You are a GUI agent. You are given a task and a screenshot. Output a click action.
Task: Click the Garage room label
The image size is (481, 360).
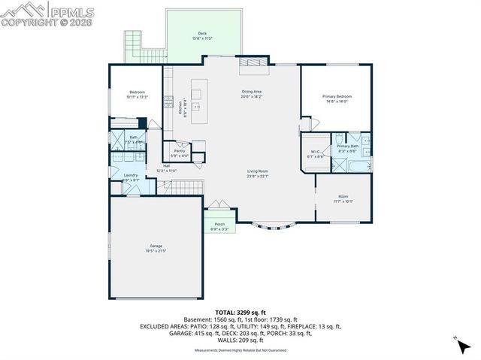coord(156,246)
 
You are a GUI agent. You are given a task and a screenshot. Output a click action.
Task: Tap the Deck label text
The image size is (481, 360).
coord(201,34)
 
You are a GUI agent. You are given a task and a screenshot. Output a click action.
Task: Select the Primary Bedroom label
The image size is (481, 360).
coord(337,97)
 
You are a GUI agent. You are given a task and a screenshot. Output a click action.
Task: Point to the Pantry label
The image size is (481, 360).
coord(180,151)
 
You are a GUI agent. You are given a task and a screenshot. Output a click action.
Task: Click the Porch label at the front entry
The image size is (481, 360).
coord(219,224)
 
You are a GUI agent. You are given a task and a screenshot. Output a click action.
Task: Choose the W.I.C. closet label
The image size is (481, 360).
coord(316,153)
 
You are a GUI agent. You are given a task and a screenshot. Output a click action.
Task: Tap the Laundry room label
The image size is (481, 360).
coord(131,175)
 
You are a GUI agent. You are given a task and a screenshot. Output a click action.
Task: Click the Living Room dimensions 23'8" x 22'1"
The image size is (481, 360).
coord(258,177)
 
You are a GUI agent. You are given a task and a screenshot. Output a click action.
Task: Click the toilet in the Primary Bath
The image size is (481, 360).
coord(340,139)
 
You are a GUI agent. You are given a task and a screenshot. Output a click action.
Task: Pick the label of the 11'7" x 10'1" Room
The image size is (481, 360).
coord(343,198)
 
